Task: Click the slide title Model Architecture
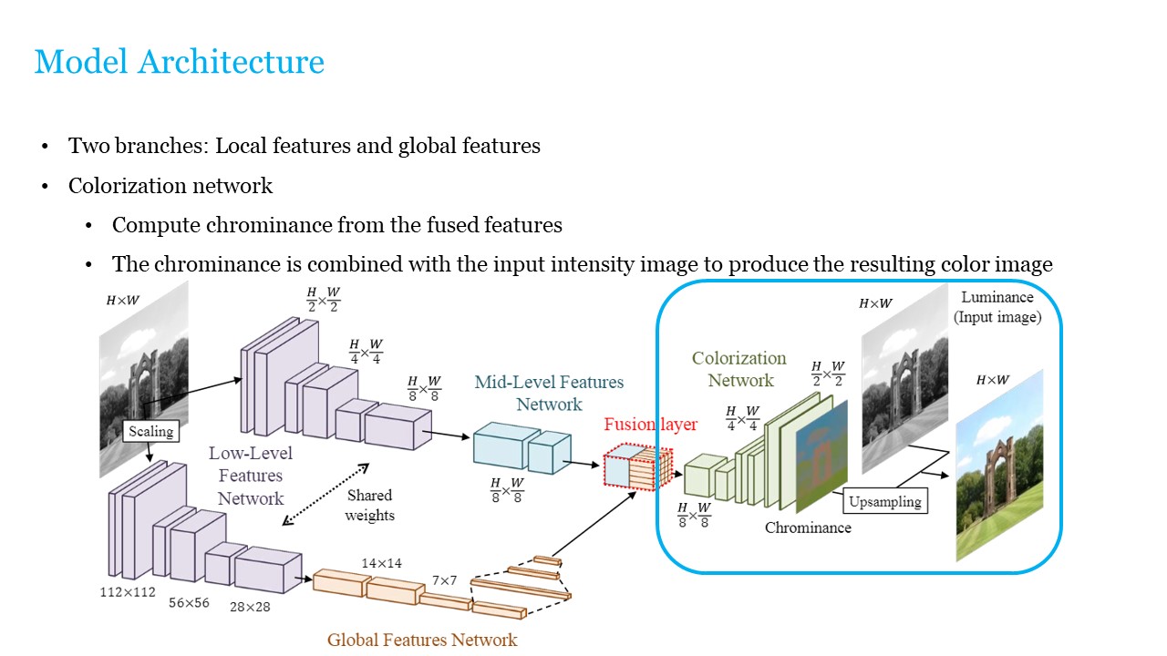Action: [x=179, y=62]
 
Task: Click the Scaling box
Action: [x=150, y=431]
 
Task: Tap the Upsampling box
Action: [x=884, y=501]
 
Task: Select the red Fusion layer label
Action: [x=650, y=425]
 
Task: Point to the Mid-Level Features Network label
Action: [x=549, y=393]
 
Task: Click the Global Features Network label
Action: [x=422, y=640]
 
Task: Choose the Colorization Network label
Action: [x=738, y=369]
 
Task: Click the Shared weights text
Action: [x=369, y=505]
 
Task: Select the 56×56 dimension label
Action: [x=189, y=602]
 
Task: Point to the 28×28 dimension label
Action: [x=249, y=607]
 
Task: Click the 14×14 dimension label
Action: [x=381, y=563]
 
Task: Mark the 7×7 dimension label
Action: [x=446, y=579]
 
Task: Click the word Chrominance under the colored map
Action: [x=808, y=528]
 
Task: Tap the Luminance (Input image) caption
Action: [x=997, y=307]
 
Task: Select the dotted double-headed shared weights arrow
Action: [x=325, y=493]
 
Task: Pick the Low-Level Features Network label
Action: [x=251, y=476]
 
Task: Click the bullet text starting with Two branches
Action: [x=305, y=146]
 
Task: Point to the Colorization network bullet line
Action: [x=170, y=186]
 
